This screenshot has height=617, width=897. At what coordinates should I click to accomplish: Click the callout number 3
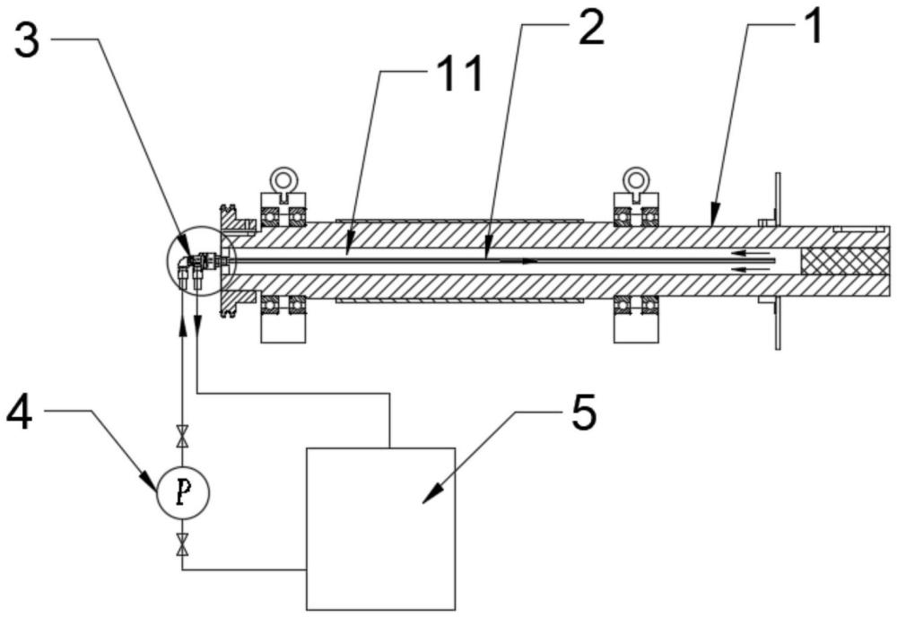click(27, 42)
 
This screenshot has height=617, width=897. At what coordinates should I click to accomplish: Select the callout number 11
click(459, 75)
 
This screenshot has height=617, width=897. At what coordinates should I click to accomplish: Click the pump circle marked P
click(183, 492)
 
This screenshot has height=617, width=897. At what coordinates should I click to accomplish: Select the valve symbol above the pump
click(182, 437)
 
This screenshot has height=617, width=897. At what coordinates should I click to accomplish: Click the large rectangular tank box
click(381, 528)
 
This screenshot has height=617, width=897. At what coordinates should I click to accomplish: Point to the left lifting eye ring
click(282, 178)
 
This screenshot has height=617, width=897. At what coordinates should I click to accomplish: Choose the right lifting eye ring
click(636, 178)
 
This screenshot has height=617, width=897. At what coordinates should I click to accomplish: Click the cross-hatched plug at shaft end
click(846, 261)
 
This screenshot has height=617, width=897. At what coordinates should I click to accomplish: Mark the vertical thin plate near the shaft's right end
click(778, 261)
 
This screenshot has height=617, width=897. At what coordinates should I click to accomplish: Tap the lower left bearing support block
click(283, 328)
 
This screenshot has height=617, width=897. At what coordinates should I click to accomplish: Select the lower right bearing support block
click(636, 328)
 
